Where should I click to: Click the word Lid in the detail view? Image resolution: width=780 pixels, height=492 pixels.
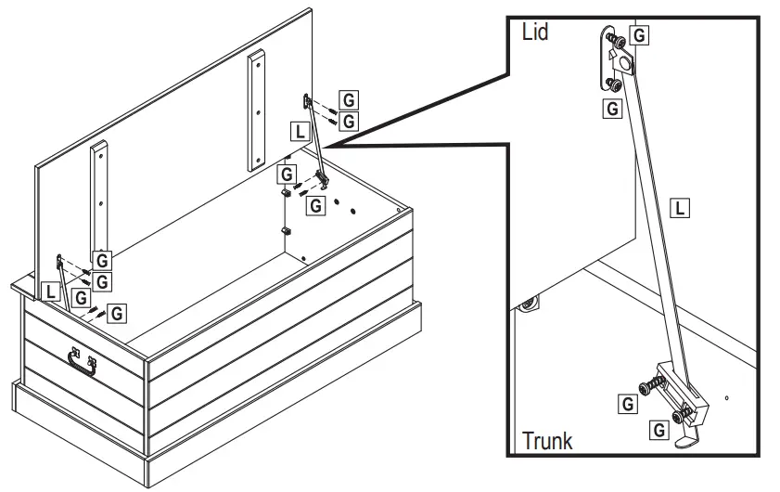point(535,32)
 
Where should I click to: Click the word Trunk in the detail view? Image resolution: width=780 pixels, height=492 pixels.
point(547,441)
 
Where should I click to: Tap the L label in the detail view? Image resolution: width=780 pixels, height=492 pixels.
point(680,207)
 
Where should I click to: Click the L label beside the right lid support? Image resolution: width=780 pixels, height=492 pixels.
point(300,132)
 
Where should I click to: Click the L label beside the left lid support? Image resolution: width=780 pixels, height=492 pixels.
point(51,291)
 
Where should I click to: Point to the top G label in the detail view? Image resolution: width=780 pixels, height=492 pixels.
point(639,35)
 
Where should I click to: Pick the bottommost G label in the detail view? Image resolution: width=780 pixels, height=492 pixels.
point(659,429)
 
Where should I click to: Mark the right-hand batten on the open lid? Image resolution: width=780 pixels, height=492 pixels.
point(256,110)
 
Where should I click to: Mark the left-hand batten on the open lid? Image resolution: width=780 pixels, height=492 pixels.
point(98,200)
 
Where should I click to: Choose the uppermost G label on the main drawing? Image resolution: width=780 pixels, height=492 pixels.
point(349,100)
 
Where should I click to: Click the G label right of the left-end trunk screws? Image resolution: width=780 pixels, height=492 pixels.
point(117,313)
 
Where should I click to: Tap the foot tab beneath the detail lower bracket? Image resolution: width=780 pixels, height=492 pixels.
point(687,441)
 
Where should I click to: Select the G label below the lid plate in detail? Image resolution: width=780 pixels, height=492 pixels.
point(612,108)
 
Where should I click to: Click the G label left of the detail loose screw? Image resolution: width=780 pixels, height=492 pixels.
point(628,404)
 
